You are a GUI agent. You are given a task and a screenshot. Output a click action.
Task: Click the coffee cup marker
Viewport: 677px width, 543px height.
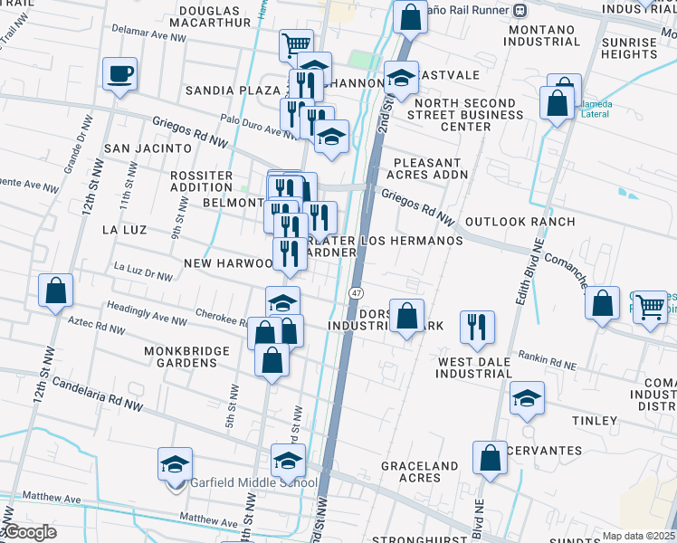(119, 73)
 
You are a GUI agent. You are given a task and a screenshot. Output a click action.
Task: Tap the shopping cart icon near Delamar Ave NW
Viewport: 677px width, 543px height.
(295, 43)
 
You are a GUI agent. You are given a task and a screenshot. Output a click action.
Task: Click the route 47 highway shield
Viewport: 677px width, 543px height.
(357, 292)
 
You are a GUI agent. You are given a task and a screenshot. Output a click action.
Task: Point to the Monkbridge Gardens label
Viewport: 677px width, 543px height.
(181, 356)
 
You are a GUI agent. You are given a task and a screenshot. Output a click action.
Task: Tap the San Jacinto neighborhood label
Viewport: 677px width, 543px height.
(148, 148)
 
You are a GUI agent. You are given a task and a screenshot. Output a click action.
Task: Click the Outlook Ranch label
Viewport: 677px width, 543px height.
(520, 222)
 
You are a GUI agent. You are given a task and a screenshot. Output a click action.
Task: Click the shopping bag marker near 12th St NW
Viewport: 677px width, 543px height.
(56, 291)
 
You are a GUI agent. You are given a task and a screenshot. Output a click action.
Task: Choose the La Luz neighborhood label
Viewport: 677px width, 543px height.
(124, 230)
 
